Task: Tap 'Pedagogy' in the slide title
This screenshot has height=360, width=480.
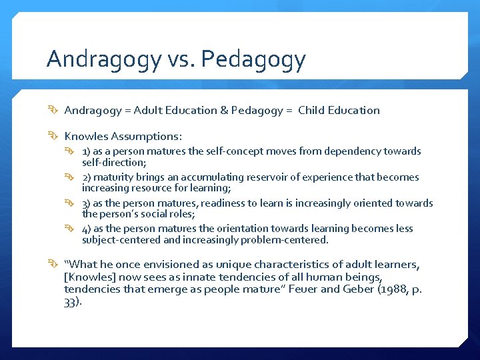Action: pyautogui.click(x=253, y=61)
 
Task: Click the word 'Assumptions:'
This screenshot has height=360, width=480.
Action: pyautogui.click(x=146, y=136)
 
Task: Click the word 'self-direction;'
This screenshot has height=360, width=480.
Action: pyautogui.click(x=113, y=162)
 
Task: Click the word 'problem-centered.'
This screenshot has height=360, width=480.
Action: pyautogui.click(x=287, y=239)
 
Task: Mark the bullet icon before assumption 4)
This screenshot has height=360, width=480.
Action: pyautogui.click(x=73, y=229)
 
